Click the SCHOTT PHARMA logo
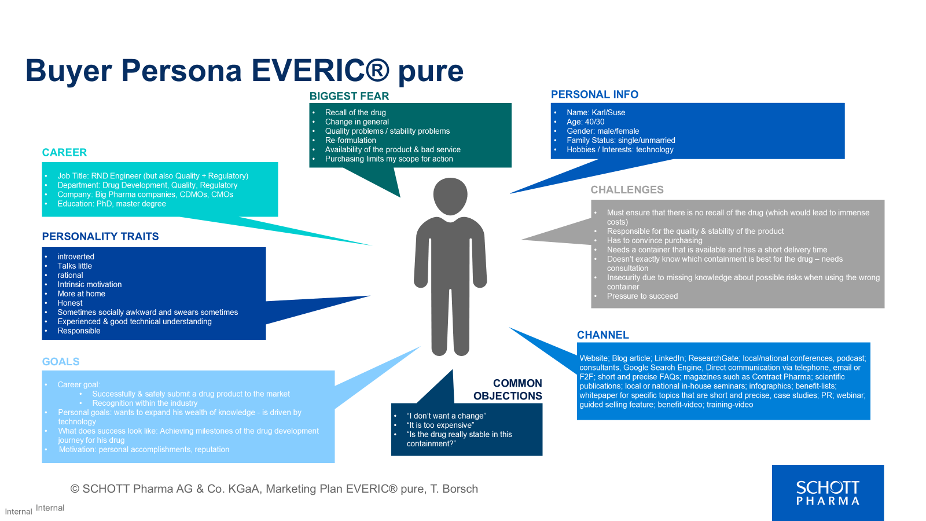(828, 493)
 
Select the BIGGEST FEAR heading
(349, 96)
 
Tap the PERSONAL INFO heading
(594, 94)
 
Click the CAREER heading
(64, 152)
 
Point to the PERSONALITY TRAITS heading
(100, 236)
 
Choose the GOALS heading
(61, 362)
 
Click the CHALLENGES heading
(627, 190)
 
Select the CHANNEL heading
(602, 335)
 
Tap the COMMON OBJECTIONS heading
(508, 390)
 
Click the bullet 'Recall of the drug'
(355, 112)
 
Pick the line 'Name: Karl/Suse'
(596, 112)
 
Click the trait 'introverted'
(76, 256)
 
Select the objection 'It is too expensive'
(440, 425)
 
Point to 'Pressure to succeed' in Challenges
(642, 296)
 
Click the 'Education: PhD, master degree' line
(112, 204)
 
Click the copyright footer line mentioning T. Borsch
(274, 489)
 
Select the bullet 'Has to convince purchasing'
(654, 240)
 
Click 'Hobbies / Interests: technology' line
(620, 149)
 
